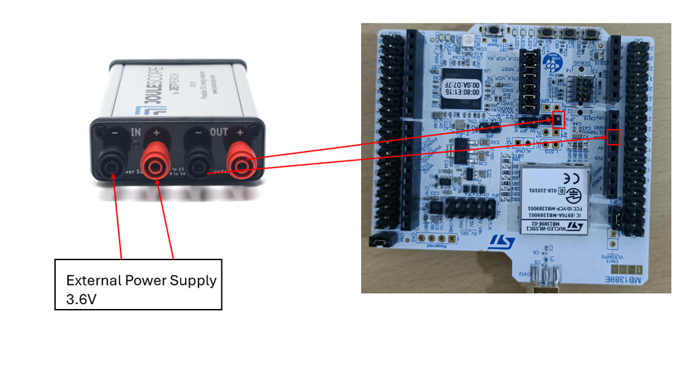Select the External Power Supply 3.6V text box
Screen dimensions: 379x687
point(138,284)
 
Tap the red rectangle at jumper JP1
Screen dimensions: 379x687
point(558,121)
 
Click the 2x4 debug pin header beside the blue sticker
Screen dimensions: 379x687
point(584,88)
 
